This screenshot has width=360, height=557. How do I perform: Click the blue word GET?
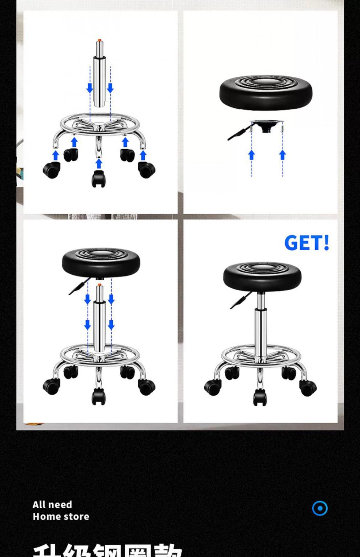307,243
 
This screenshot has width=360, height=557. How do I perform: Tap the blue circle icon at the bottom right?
320,508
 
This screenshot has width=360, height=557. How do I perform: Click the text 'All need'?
52,505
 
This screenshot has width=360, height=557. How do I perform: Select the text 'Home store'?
61,517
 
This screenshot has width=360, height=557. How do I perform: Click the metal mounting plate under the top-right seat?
267,125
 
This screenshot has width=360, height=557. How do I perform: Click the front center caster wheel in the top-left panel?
98,178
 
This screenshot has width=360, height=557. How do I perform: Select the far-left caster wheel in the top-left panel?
51,170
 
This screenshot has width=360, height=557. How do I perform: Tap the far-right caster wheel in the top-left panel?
147,170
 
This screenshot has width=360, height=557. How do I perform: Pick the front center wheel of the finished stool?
260,397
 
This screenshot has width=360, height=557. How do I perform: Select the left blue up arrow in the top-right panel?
251,155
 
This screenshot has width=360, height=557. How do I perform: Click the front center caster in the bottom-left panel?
98,396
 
